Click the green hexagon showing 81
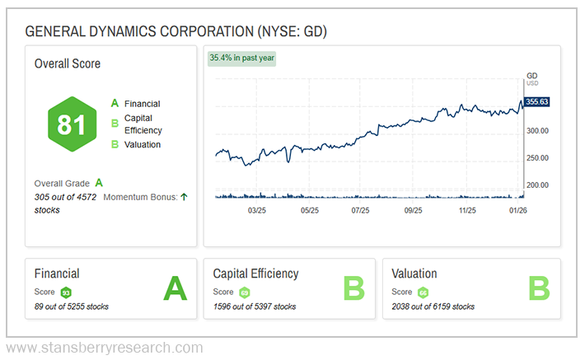(72, 124)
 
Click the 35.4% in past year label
(241, 58)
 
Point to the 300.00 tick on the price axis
(538, 131)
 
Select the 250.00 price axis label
(538, 158)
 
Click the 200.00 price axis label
(538, 185)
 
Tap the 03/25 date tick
(256, 210)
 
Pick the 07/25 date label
(360, 210)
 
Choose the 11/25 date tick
(467, 210)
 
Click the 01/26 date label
(518, 210)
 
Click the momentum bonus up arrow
(184, 196)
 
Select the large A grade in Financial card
(175, 288)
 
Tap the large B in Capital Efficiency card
(353, 288)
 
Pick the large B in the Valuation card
(538, 288)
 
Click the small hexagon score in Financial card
(66, 292)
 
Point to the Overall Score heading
(68, 63)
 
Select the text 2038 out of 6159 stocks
(433, 306)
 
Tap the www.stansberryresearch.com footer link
(104, 348)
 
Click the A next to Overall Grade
(99, 183)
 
